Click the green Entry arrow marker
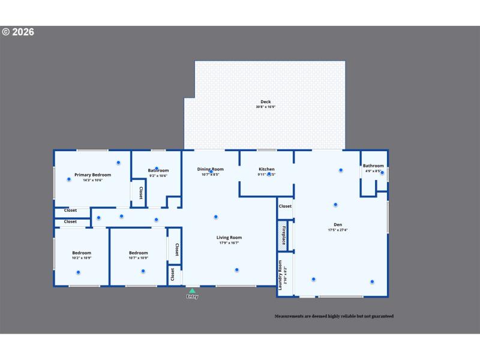(192, 291)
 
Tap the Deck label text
(265, 101)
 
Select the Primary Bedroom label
(92, 175)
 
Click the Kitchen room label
(266, 169)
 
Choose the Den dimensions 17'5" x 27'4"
(338, 230)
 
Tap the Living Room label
(229, 238)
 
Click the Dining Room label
(210, 169)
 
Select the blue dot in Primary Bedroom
(118, 163)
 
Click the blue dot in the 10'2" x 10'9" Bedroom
(78, 272)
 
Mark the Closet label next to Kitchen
(285, 206)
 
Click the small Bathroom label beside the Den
(373, 166)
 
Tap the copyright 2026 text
(18, 32)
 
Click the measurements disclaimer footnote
(334, 316)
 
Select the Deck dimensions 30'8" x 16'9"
(265, 107)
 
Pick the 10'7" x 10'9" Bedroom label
(138, 253)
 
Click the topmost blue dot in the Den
(341, 170)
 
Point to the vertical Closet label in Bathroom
(140, 193)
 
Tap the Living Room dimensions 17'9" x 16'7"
(229, 243)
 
